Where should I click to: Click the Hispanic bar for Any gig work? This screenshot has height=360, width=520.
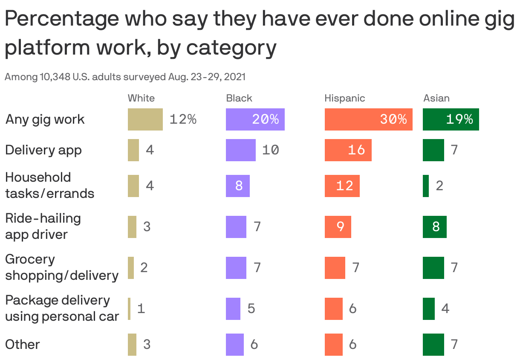368,119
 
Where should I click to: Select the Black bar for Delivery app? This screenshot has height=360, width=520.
240,150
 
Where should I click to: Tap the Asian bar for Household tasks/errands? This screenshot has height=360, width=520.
426,186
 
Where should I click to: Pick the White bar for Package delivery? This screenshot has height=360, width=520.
129,309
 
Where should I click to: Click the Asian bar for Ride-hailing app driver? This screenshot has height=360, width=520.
434,227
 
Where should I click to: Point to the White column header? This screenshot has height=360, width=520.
141,98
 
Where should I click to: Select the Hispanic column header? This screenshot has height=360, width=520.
344,98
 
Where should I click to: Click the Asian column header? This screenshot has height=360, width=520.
436,98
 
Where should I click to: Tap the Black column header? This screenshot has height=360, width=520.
239,98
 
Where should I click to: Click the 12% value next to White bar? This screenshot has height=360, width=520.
183,119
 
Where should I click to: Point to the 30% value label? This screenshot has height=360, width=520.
393,119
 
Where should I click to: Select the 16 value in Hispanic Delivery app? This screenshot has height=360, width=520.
356,150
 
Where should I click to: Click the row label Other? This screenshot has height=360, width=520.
22,344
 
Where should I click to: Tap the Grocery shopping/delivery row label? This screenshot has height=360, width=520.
61,267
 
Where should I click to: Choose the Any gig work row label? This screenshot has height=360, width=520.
45,119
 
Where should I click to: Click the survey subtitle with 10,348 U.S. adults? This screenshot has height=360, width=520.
124,77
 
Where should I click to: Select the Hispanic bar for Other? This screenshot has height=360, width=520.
333,345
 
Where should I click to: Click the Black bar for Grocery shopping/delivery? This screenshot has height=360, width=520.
236,268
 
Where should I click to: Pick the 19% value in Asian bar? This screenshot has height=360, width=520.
459,119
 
